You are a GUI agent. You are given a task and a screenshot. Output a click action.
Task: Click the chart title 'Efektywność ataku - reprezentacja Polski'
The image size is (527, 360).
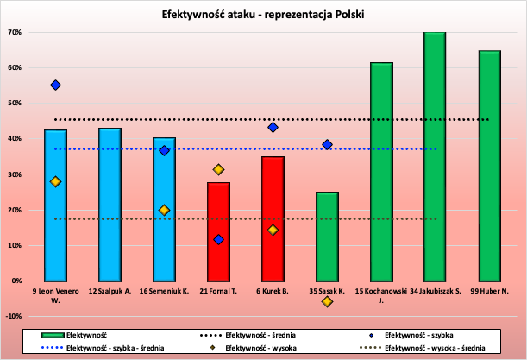tap(263, 15)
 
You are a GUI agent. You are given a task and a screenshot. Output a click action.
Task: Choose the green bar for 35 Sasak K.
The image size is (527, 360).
tap(327, 237)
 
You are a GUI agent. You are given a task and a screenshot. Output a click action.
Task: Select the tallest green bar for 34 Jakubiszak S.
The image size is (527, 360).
tap(435, 155)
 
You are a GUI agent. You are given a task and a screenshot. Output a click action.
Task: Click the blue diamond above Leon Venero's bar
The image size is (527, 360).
tap(55, 85)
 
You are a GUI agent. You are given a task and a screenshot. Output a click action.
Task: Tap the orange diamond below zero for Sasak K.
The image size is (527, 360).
tap(327, 301)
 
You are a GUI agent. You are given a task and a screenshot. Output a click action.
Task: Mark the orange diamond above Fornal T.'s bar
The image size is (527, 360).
tap(218, 169)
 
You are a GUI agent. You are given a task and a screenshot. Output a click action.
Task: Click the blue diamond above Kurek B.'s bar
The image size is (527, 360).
tap(273, 127)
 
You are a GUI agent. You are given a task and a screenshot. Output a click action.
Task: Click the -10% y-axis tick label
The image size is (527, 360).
tap(13, 316)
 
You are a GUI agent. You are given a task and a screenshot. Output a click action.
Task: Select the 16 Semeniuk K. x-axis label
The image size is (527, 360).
tap(164, 291)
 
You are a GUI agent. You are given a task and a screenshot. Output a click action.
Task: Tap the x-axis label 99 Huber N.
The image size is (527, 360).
tap(489, 291)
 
